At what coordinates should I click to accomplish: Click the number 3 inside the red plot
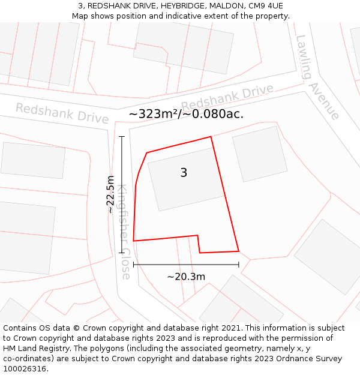click(x=184, y=173)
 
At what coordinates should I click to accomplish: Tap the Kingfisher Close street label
click(x=124, y=232)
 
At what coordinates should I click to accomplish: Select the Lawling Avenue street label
click(x=317, y=77)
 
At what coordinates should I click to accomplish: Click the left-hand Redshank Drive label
click(x=62, y=113)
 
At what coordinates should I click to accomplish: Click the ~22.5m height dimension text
click(x=110, y=194)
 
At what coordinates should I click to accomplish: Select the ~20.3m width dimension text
click(x=186, y=277)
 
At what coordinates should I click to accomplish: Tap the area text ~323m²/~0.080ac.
click(x=186, y=114)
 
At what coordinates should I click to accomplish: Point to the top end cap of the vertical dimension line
click(x=122, y=137)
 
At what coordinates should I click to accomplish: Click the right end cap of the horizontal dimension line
click(x=239, y=264)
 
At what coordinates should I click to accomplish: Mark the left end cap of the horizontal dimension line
click(x=133, y=264)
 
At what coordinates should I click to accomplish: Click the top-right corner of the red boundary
click(x=211, y=137)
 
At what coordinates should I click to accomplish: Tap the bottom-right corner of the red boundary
click(x=239, y=251)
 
